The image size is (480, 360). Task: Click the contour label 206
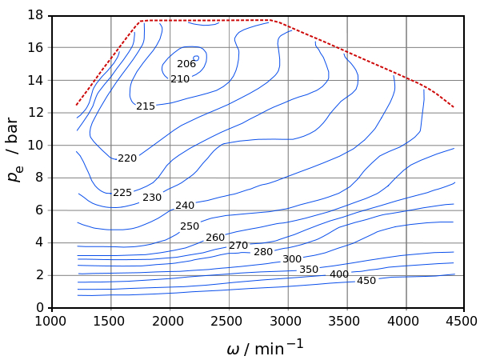(186, 64)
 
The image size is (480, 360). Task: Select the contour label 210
(180, 79)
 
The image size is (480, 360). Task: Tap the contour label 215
(146, 106)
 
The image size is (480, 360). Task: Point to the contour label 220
(127, 158)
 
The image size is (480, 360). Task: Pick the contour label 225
(122, 193)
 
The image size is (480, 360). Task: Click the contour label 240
(185, 205)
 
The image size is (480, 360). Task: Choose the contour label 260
(215, 238)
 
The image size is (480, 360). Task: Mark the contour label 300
(292, 259)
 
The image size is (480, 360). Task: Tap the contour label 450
(366, 281)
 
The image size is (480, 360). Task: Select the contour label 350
(309, 270)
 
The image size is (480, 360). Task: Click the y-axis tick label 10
(35, 145)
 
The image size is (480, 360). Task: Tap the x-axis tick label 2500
(229, 322)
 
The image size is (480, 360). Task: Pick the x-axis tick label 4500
(464, 322)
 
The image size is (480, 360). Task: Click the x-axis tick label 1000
(51, 322)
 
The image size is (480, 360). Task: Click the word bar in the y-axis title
(13, 131)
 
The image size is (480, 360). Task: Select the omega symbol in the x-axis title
(234, 350)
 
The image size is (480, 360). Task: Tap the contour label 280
(263, 252)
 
